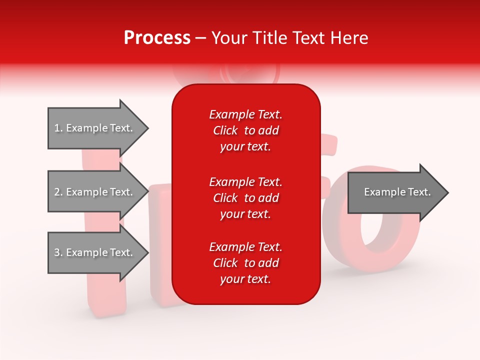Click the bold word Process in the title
coord(157,38)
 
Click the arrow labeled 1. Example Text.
coord(95,128)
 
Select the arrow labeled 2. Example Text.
coord(95,192)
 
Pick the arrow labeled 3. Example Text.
coord(95,252)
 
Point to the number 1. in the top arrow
coord(58,128)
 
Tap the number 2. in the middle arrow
coord(58,192)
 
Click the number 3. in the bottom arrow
coord(58,252)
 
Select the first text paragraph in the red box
coord(245,130)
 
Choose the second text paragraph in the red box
coord(245,198)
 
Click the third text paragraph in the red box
coord(245,263)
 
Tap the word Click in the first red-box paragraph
coord(225,130)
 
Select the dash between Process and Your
coord(200,38)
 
